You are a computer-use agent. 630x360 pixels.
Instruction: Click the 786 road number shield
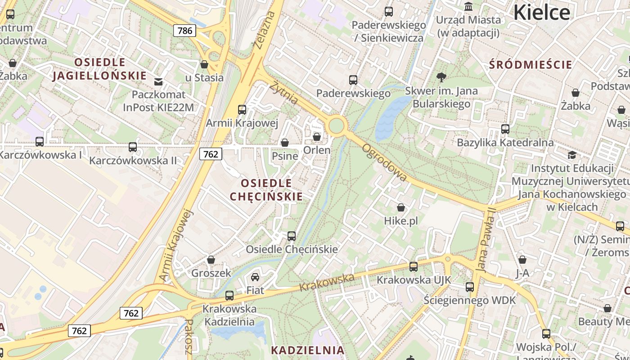(184, 31)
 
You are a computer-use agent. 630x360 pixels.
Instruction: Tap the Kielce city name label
(541, 12)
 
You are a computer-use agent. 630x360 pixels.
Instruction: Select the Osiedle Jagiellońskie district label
(99, 69)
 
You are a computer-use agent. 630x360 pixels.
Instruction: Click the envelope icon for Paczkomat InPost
(158, 81)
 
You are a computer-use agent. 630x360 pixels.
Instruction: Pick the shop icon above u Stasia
(204, 64)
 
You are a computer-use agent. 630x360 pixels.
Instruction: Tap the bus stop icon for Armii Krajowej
(242, 109)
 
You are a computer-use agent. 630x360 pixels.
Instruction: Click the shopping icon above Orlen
(317, 136)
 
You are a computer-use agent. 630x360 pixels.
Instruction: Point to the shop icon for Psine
(285, 143)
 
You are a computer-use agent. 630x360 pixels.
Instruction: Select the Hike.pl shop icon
(400, 207)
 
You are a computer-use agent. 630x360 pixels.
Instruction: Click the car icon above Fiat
(255, 277)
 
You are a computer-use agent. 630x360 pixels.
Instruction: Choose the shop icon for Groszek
(211, 260)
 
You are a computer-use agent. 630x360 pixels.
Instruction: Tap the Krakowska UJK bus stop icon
(414, 266)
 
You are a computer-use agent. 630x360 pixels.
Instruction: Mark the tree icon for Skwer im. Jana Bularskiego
(441, 77)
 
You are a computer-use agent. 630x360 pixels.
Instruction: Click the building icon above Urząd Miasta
(468, 6)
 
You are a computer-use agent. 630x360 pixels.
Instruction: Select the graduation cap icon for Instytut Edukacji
(572, 155)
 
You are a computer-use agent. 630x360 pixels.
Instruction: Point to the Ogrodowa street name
(385, 162)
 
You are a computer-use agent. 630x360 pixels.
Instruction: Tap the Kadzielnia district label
(307, 350)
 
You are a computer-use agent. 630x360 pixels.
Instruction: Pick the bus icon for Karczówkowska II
(133, 147)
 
